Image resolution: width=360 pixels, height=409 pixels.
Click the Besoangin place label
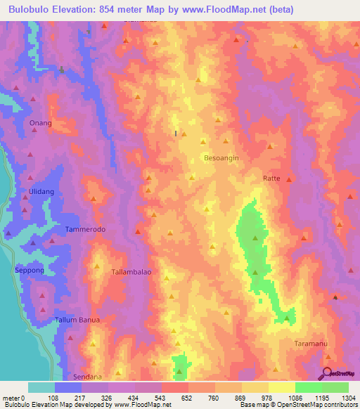click(x=221, y=158)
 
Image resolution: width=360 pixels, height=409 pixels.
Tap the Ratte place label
click(x=271, y=178)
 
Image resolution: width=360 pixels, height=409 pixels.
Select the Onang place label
click(x=41, y=123)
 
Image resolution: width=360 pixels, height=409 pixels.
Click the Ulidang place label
click(x=41, y=192)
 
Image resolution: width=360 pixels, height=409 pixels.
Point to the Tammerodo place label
click(x=85, y=230)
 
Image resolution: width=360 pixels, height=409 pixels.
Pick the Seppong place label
click(x=30, y=270)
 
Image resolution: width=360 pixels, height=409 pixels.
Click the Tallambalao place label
click(x=131, y=271)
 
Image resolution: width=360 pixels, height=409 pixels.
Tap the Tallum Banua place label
click(x=79, y=320)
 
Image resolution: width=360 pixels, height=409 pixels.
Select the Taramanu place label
click(x=311, y=343)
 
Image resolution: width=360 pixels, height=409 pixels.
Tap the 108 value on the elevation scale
click(x=53, y=398)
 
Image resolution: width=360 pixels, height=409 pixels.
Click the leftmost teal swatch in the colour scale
click(x=41, y=387)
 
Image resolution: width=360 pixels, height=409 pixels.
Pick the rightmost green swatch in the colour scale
click(x=335, y=387)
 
